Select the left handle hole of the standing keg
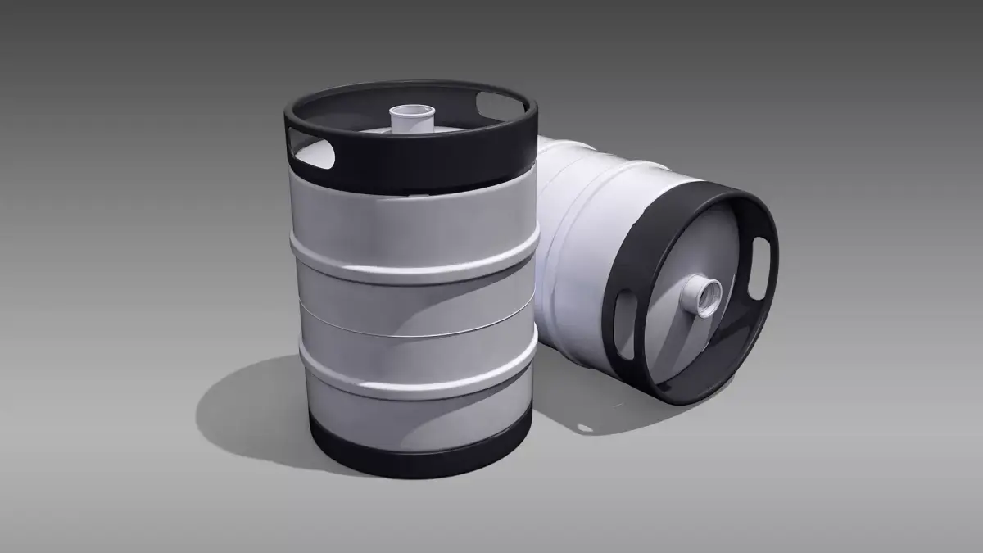click(315, 153)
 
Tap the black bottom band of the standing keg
click(414, 455)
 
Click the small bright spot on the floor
click(584, 427)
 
